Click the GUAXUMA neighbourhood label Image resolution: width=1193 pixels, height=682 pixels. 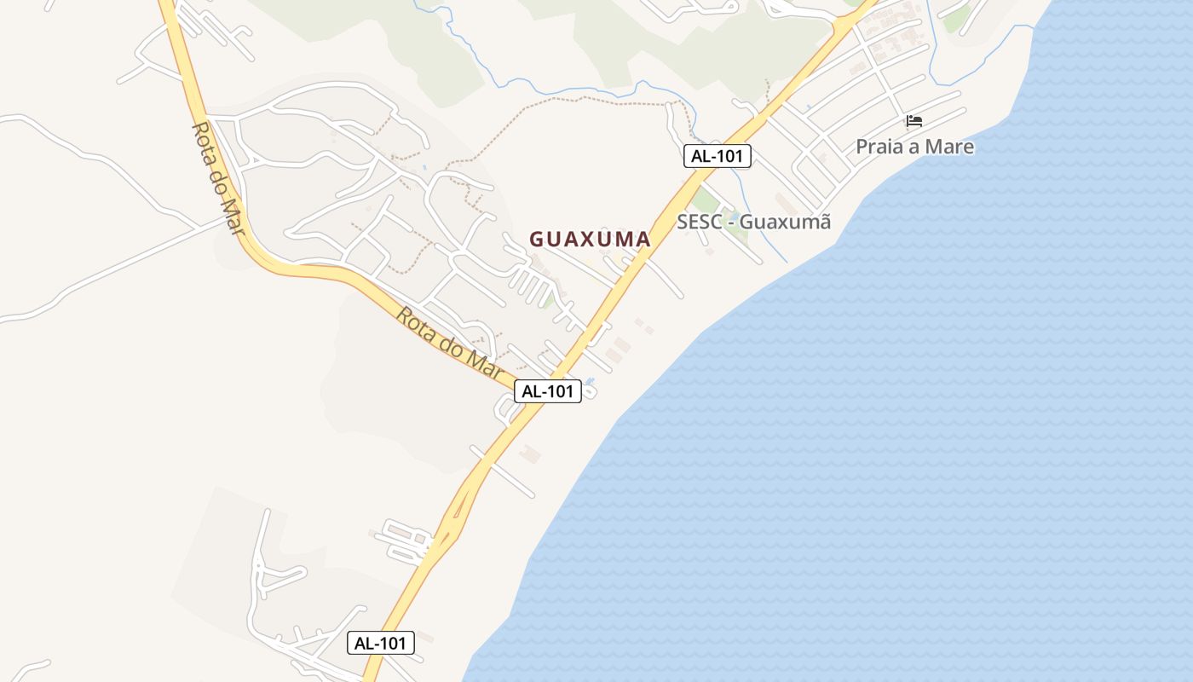(590, 240)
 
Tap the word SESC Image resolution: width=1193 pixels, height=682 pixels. (699, 223)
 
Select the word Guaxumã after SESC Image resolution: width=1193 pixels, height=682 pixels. (785, 223)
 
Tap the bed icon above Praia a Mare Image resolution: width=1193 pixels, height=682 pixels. (914, 121)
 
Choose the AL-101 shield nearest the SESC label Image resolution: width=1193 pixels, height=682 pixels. (717, 156)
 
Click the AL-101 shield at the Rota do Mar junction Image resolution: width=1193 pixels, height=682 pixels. (548, 391)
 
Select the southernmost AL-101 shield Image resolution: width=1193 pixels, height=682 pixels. (381, 643)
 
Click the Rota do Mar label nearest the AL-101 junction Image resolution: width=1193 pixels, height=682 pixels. (449, 342)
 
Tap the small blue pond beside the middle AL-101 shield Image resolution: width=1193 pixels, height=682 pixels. (591, 380)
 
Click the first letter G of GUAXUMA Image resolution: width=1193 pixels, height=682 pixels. (537, 240)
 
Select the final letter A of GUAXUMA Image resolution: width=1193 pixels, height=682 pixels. (643, 240)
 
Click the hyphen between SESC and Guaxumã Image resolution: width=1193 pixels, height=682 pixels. (729, 223)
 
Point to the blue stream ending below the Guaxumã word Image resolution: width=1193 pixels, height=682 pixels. (782, 258)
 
